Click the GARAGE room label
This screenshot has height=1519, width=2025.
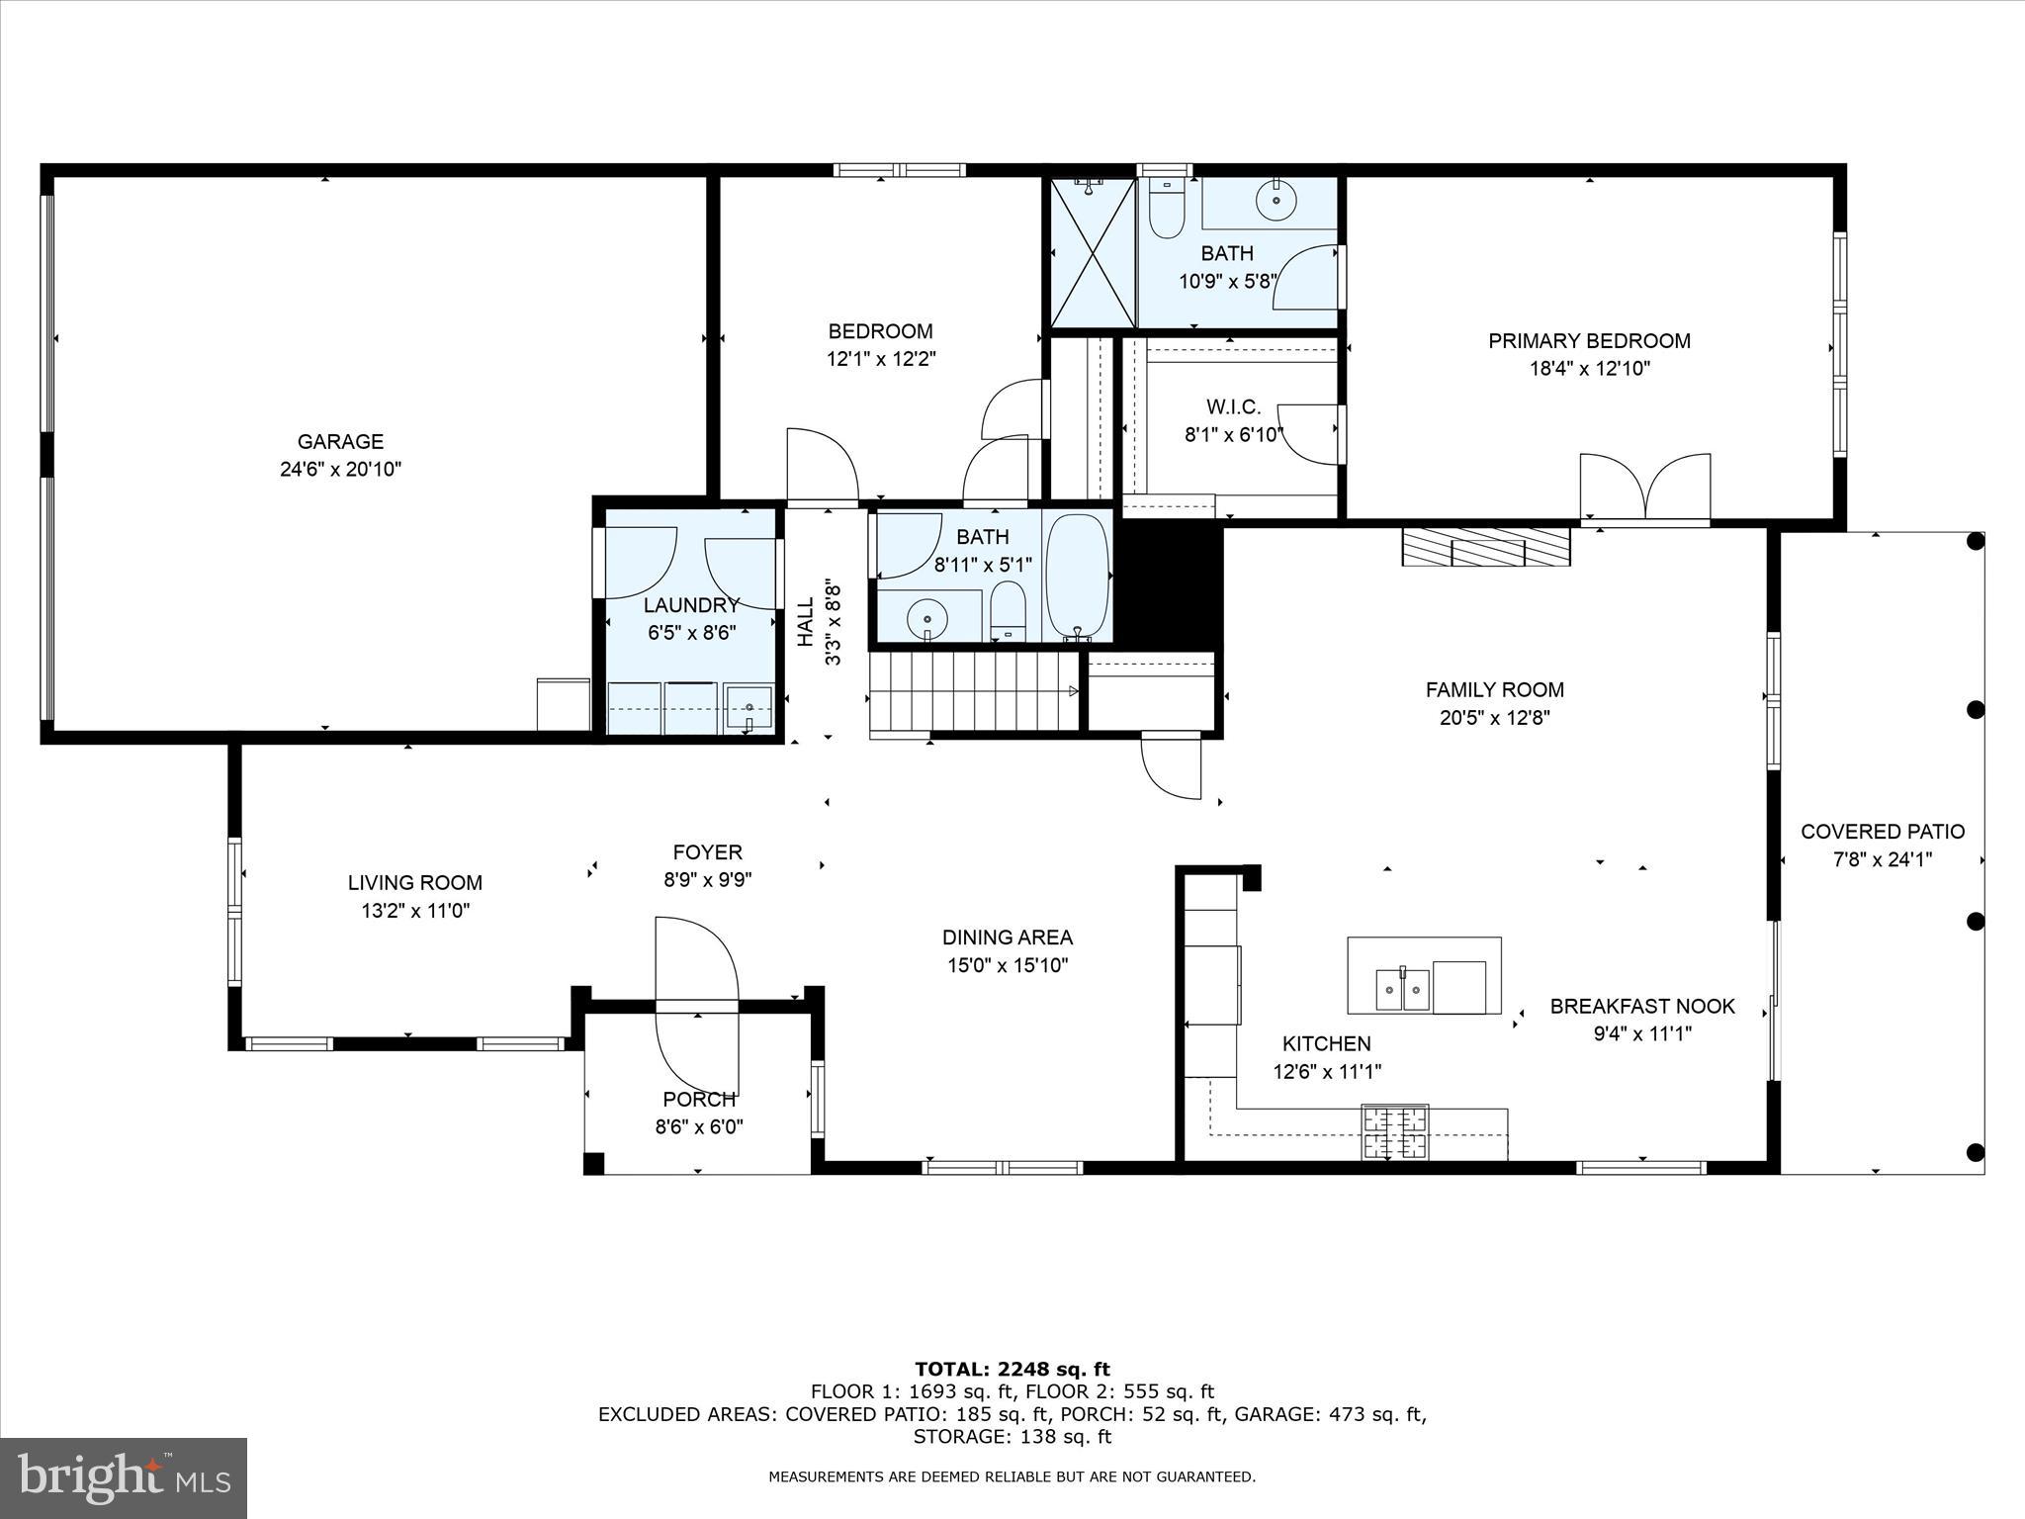pyautogui.click(x=340, y=442)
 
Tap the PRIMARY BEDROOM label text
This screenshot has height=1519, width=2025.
pyautogui.click(x=1589, y=341)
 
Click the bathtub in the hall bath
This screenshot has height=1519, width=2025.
pyautogui.click(x=1077, y=576)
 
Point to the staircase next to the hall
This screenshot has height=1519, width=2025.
pyautogui.click(x=973, y=693)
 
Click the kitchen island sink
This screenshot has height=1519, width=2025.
pyautogui.click(x=1403, y=988)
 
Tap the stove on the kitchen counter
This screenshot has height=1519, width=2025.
pyautogui.click(x=1395, y=1131)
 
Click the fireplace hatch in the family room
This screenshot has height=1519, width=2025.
pyautogui.click(x=1485, y=547)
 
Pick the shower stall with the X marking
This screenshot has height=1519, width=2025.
pyautogui.click(x=1093, y=252)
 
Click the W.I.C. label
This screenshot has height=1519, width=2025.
pyautogui.click(x=1233, y=406)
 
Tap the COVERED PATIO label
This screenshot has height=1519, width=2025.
pyautogui.click(x=1882, y=832)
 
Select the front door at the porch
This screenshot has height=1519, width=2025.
pyautogui.click(x=697, y=1007)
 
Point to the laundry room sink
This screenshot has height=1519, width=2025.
pyautogui.click(x=748, y=707)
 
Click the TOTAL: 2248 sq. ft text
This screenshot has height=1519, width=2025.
pyautogui.click(x=1012, y=1369)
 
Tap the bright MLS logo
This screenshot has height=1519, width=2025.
pyautogui.click(x=124, y=1477)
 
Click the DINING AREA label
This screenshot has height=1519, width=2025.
pyautogui.click(x=1007, y=938)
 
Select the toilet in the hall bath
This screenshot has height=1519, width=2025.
pyautogui.click(x=1008, y=609)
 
